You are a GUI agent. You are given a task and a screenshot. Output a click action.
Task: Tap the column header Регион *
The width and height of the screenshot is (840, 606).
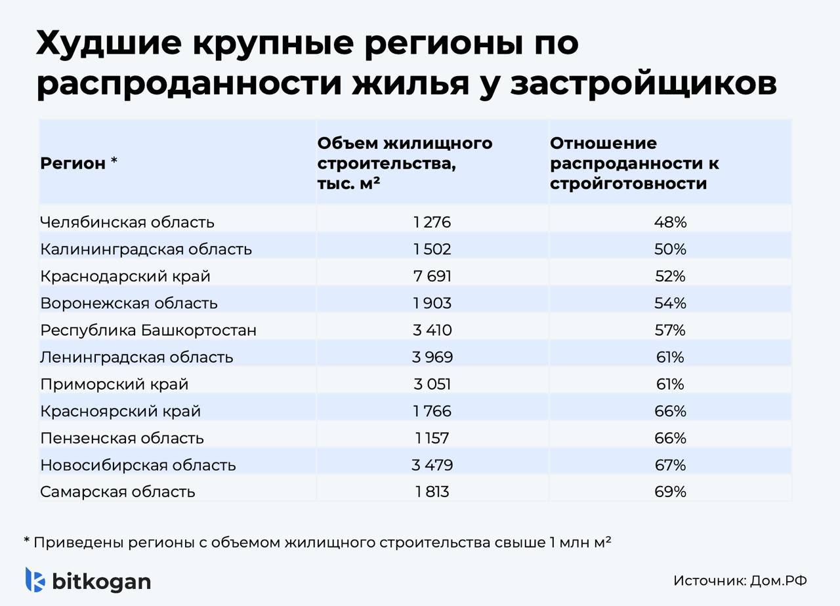[x=79, y=163]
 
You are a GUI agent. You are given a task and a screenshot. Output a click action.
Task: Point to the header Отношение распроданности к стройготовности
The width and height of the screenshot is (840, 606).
[x=634, y=163]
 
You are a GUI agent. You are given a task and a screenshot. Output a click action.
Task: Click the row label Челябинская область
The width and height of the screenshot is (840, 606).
[x=127, y=222]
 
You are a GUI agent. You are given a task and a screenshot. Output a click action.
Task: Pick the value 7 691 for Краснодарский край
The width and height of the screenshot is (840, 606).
[x=432, y=276]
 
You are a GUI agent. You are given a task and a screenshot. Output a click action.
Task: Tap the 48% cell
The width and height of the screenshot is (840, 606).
[x=670, y=222]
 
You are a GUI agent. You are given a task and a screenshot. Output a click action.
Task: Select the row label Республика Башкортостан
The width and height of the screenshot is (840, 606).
[x=148, y=330]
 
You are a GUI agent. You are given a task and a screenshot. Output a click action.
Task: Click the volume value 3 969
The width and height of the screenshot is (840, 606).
[x=432, y=357]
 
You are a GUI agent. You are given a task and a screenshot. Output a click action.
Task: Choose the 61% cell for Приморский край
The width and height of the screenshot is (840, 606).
[x=670, y=384]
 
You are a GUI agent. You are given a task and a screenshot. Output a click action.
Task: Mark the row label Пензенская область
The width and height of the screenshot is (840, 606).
[x=122, y=438]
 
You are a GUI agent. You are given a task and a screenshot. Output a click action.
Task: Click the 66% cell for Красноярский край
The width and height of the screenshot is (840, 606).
[x=670, y=411]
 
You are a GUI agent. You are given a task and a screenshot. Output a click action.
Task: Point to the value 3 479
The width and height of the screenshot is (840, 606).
[x=432, y=465]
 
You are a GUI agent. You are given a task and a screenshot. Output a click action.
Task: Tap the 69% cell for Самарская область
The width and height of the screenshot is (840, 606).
[x=670, y=492]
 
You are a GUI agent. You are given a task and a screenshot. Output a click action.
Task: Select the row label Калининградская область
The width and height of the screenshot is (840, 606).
[x=146, y=249]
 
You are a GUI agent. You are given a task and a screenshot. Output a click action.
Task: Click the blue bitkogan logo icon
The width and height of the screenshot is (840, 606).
[x=35, y=580]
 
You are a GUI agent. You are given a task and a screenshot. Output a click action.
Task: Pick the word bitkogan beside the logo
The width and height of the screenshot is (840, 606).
[x=101, y=581]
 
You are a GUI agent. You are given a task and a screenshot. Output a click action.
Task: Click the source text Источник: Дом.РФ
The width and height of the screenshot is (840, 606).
[x=740, y=580]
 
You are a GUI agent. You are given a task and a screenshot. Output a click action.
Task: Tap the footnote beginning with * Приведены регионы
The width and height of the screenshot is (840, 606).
[x=318, y=542]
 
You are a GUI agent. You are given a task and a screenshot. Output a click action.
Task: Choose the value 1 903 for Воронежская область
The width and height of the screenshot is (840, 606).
[x=432, y=303]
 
